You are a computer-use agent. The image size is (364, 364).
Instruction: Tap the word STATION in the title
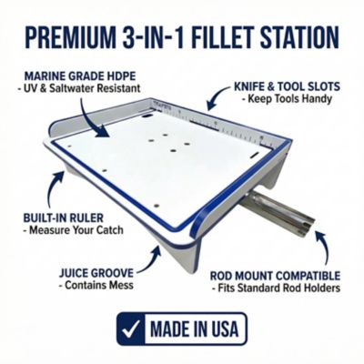point(297,39)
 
